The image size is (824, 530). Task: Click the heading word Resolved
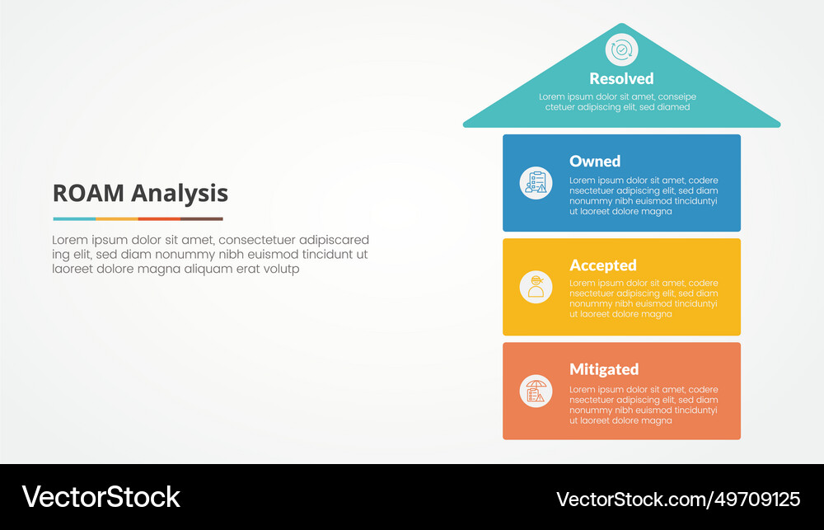coord(621,79)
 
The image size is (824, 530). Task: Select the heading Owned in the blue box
coord(595,162)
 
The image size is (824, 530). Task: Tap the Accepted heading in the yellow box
coord(603,265)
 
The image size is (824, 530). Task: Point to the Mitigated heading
coord(604,369)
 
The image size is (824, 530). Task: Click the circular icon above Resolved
coord(621,49)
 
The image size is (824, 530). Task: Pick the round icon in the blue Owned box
coord(536,183)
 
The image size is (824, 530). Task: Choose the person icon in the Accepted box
coord(536,287)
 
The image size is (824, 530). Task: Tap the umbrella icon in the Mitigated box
coord(536,391)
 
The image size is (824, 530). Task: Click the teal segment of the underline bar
coord(74,218)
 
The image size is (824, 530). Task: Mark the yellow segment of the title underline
coord(116,218)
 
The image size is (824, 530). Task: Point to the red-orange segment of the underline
coord(159,218)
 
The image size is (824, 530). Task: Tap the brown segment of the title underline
coord(202,218)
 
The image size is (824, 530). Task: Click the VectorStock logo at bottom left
coord(101,497)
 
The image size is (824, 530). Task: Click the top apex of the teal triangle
coord(621,25)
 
